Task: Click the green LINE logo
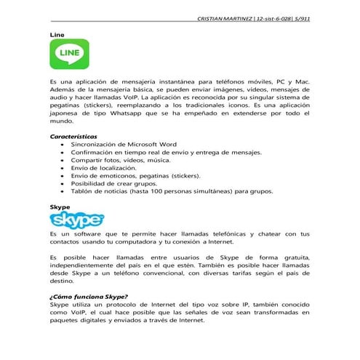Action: point(70,55)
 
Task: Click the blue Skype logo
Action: point(76,220)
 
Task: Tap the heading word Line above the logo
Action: point(55,34)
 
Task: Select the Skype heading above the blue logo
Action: point(60,207)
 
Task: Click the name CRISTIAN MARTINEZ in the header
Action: point(226,18)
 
